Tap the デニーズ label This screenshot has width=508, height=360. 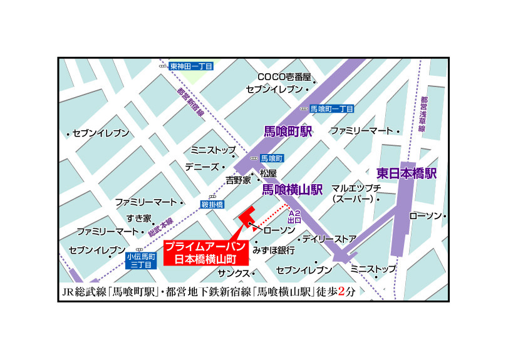(x=202, y=167)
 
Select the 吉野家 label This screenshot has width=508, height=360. (x=238, y=180)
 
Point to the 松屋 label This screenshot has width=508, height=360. (x=268, y=173)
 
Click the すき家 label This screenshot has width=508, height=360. (x=139, y=218)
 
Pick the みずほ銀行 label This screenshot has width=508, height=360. (x=274, y=249)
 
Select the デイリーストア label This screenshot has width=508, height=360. (x=329, y=239)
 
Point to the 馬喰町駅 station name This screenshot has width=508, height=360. (x=288, y=131)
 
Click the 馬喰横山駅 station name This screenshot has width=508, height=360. (x=291, y=188)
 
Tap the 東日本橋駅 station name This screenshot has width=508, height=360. (x=407, y=173)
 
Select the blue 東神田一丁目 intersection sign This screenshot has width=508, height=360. (x=192, y=66)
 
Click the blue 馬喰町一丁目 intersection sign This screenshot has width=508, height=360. (x=332, y=108)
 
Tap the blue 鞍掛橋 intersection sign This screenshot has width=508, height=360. (x=211, y=204)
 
